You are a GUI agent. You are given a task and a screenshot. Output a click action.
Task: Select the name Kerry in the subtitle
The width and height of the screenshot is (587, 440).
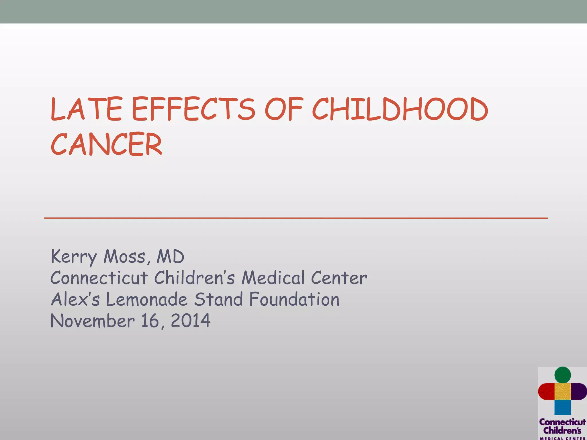[x=73, y=257]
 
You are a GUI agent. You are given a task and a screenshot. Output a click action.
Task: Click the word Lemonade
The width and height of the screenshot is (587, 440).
[x=146, y=299]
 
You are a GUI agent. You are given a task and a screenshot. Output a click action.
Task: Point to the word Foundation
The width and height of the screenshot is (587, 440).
[x=294, y=299]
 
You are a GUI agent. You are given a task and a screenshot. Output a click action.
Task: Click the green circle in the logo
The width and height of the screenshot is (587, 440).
[x=563, y=375]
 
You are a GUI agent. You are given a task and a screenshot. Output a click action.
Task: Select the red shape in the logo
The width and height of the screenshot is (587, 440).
[x=546, y=391]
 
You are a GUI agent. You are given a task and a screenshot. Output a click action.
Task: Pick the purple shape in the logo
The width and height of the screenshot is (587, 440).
[x=579, y=391]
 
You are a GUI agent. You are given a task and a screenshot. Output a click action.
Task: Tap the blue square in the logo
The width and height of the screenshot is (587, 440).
[x=563, y=407]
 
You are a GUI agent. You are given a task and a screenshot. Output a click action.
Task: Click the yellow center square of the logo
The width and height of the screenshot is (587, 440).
[x=563, y=391]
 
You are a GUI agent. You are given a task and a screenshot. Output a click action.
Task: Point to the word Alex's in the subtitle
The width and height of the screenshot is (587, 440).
[x=75, y=299]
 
